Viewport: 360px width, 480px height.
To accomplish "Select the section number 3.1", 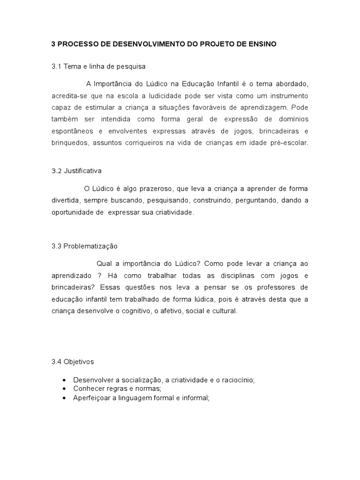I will pyautogui.click(x=56, y=67).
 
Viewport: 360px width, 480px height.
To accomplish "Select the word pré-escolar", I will pyautogui.click(x=291, y=142).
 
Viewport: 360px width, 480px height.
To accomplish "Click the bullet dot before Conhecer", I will pyautogui.click(x=64, y=389).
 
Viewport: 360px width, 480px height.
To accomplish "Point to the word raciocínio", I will pyautogui.click(x=236, y=380).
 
